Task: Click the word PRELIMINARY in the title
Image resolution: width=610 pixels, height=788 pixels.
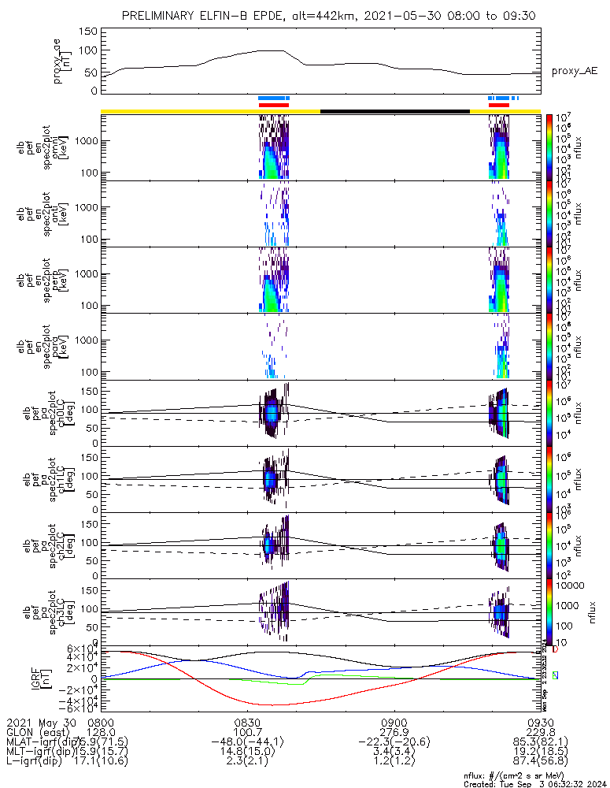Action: (x=161, y=16)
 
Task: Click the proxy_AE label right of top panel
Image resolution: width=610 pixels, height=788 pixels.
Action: (x=574, y=71)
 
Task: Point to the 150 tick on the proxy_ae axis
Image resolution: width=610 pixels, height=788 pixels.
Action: (x=88, y=32)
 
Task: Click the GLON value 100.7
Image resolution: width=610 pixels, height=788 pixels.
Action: (x=247, y=732)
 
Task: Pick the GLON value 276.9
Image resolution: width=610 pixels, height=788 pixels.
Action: (x=393, y=732)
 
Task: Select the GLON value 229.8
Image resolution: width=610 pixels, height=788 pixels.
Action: (x=539, y=732)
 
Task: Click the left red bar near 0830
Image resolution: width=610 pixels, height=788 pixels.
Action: (x=274, y=105)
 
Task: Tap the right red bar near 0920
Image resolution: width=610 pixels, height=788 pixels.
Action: (x=499, y=105)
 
